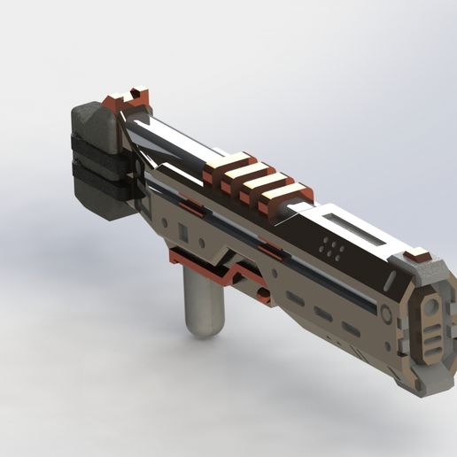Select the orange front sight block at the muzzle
pos(418,258)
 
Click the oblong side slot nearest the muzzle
pos(352,329)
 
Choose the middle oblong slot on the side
pos(324,315)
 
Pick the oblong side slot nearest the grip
pos(296,300)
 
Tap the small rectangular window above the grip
pos(183,232)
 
